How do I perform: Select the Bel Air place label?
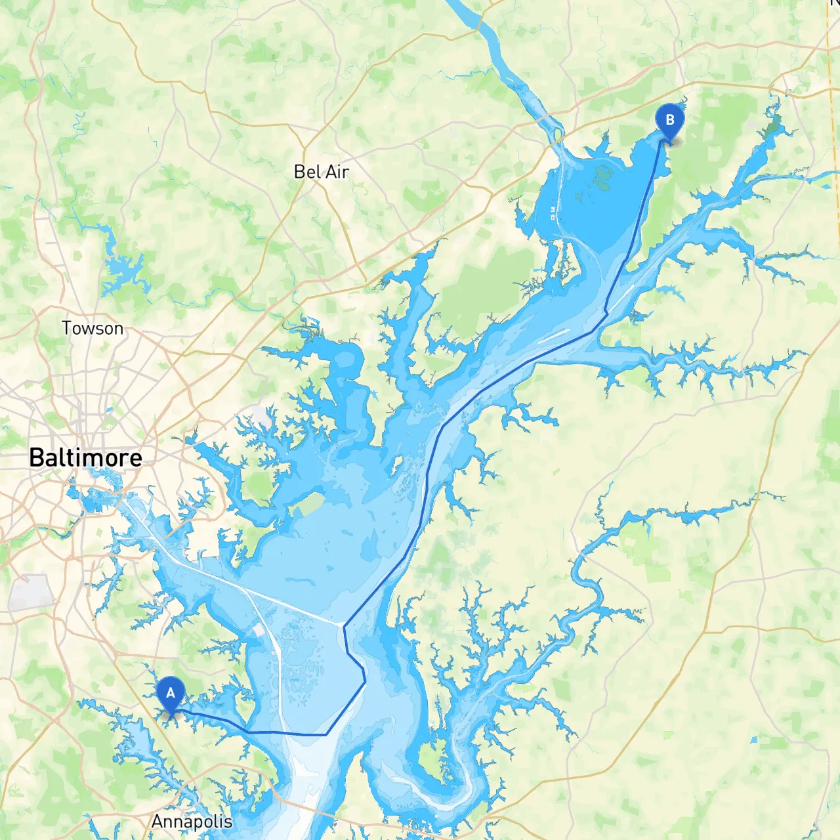321,172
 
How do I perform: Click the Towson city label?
92,328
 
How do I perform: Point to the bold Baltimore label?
85,457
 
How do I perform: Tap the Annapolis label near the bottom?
192,821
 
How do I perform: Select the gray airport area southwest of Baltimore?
30,591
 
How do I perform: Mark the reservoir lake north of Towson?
125,269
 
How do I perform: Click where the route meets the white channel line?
344,624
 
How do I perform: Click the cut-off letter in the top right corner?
835,3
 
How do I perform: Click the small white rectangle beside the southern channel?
260,630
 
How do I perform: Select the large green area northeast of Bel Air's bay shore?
489,289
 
